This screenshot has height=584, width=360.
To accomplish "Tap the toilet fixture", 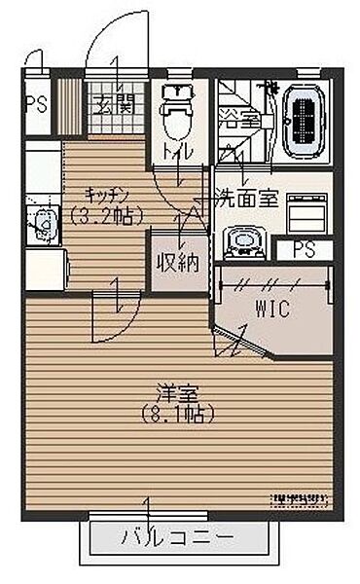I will pyautogui.click(x=176, y=114).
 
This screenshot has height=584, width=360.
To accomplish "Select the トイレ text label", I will pyautogui.click(x=177, y=153).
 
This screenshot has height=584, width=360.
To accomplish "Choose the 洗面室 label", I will pyautogui.click(x=246, y=198).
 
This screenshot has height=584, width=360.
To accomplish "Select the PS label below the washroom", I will pyautogui.click(x=304, y=249).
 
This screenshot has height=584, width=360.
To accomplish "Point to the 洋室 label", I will pyautogui.click(x=177, y=394).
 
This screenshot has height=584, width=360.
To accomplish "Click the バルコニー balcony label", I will pyautogui.click(x=177, y=536).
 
